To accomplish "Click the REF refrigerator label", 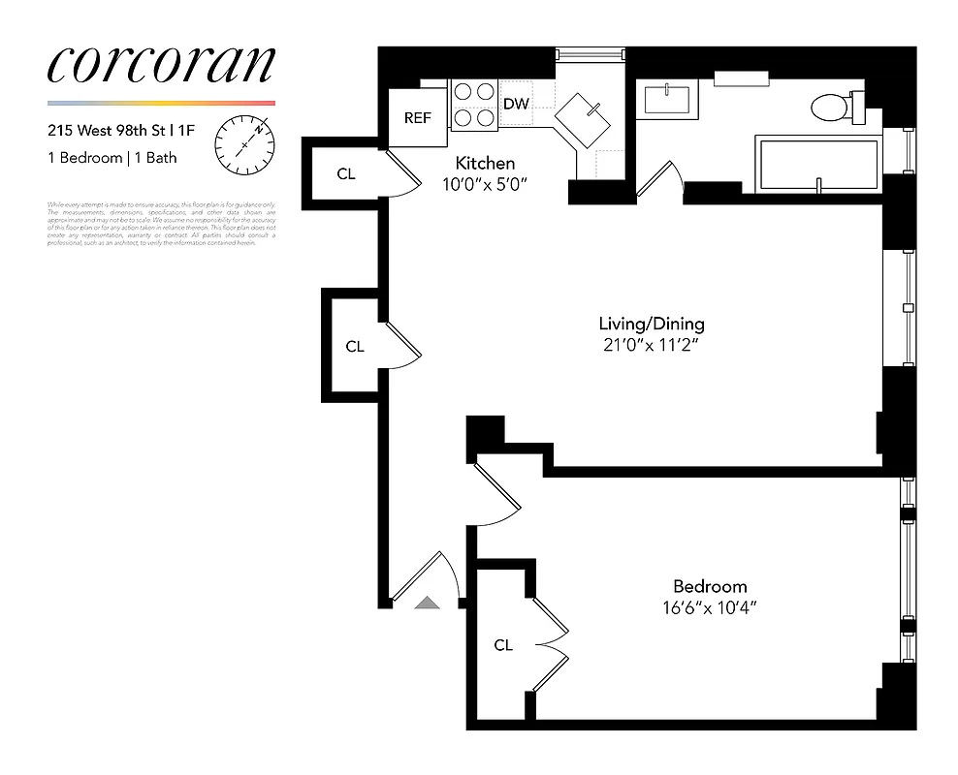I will [418, 118].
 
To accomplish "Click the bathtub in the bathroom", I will [816, 165].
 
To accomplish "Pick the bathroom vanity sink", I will [666, 101].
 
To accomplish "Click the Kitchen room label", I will [485, 164].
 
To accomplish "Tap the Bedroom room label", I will [710, 586].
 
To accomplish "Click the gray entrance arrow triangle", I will [427, 603].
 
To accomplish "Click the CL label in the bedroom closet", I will [502, 645].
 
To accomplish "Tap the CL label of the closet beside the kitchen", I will [345, 174].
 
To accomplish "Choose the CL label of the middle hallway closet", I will [355, 346].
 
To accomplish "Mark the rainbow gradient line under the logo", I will [160, 103].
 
